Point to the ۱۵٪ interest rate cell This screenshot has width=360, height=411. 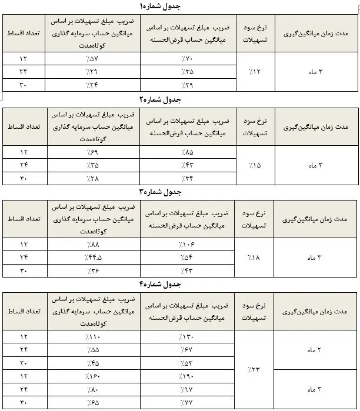[253, 165]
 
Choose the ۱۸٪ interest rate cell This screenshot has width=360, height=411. [253, 257]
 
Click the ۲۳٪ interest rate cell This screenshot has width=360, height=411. [253, 369]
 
